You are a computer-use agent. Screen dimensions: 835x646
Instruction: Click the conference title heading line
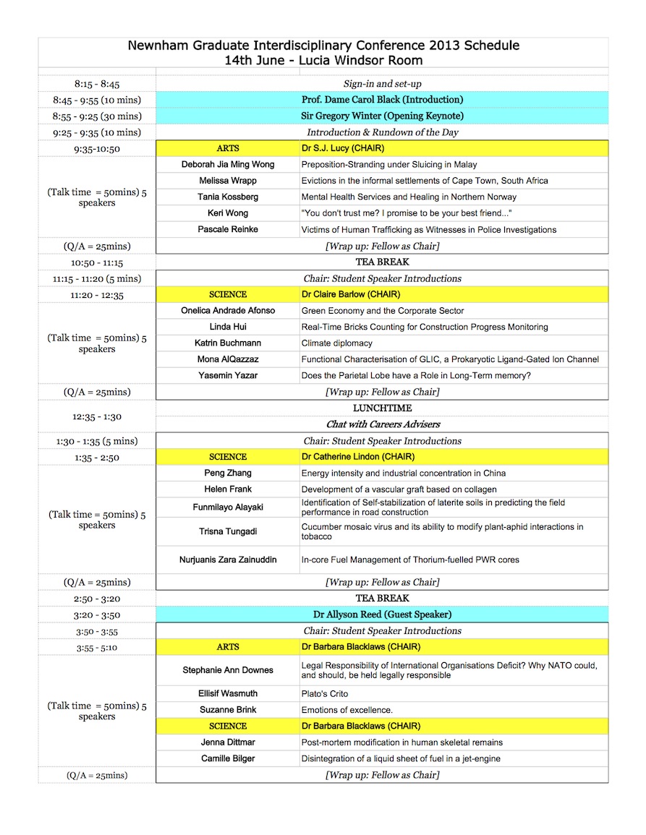(x=323, y=46)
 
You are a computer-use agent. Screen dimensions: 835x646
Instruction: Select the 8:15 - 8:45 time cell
(x=97, y=84)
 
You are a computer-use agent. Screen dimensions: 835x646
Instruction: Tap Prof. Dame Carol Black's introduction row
(x=382, y=100)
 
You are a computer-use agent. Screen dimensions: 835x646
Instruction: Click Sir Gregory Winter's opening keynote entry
(x=382, y=116)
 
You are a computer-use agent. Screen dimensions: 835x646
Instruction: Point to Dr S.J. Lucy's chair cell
(x=343, y=148)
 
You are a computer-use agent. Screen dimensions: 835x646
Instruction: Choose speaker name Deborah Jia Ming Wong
(x=228, y=165)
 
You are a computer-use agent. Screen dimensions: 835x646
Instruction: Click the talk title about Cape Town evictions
(x=425, y=181)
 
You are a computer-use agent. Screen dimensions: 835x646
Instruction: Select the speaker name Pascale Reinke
(x=228, y=230)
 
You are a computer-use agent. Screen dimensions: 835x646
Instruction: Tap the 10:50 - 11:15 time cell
(x=97, y=262)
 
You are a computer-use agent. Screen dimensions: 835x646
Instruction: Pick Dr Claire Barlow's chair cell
(x=351, y=295)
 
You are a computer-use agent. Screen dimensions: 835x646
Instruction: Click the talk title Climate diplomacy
(x=337, y=343)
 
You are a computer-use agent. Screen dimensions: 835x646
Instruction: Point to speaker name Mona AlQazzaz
(x=228, y=359)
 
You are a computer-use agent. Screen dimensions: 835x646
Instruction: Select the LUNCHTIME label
(x=382, y=408)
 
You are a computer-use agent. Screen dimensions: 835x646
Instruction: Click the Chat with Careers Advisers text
(x=382, y=424)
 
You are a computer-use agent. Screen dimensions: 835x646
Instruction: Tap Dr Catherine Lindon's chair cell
(x=357, y=457)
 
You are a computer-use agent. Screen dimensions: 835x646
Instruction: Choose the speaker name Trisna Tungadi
(x=228, y=531)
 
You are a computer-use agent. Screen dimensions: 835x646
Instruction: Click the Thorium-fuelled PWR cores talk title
(x=410, y=560)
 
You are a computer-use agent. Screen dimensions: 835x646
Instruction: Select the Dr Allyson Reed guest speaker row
(x=382, y=615)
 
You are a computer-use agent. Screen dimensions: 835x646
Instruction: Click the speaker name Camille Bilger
(x=228, y=758)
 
